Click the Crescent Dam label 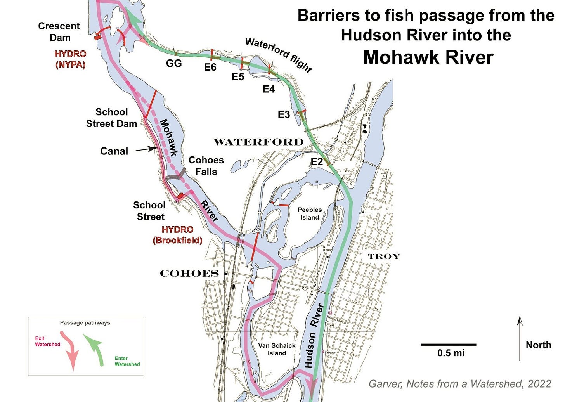coord(59,32)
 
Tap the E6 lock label coord(210,68)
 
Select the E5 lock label coord(238,77)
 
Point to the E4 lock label coord(269,89)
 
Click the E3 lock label coord(284,114)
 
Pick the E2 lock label coord(317,162)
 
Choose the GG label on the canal coord(173,63)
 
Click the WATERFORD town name coord(258,142)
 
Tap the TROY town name coord(383,256)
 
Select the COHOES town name coord(189,274)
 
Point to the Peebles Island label coord(310,213)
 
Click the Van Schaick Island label coord(277,349)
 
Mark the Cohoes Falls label coord(206,166)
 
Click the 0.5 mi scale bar coord(448,345)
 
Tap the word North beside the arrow coord(538,345)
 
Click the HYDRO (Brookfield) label coord(177,235)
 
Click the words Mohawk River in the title coord(428,57)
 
